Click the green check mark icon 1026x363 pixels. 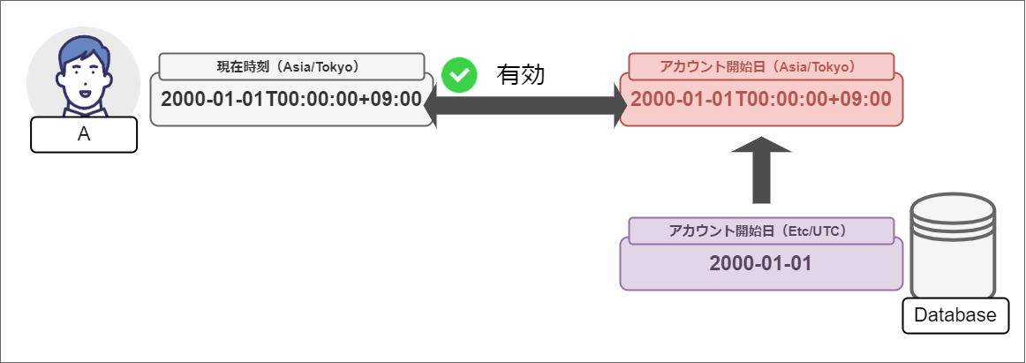pos(459,75)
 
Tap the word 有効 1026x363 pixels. pos(521,75)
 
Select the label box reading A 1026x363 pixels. pos(84,135)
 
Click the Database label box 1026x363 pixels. pos(955,315)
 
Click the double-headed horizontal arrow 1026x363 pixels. pos(525,107)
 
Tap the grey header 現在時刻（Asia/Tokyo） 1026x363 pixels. pos(287,66)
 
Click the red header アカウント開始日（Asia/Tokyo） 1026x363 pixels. pos(761,66)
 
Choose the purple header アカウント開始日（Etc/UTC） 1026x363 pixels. pos(761,231)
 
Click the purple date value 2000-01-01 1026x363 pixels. pos(761,263)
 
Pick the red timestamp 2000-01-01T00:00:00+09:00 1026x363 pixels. pos(761,99)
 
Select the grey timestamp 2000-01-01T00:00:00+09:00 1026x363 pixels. pos(291,99)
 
